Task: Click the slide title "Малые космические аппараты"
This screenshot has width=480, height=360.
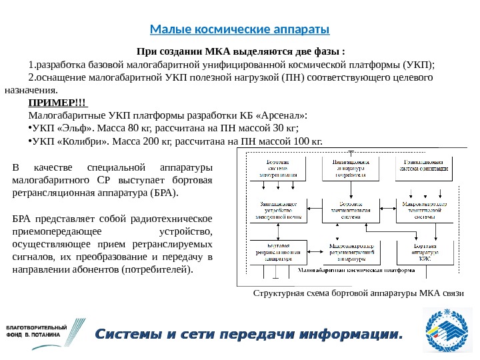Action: point(240,30)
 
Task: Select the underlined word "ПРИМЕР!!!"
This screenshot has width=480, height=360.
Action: point(57,102)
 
